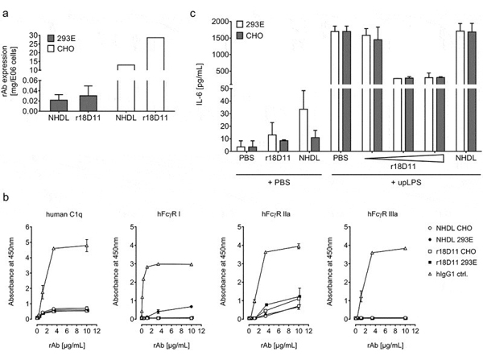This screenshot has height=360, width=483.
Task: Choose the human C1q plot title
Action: coord(64,214)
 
